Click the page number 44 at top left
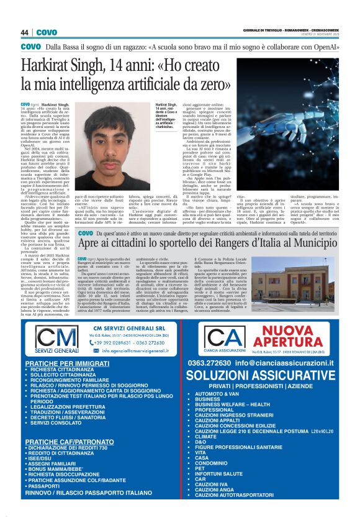pyautogui.click(x=25, y=32)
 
